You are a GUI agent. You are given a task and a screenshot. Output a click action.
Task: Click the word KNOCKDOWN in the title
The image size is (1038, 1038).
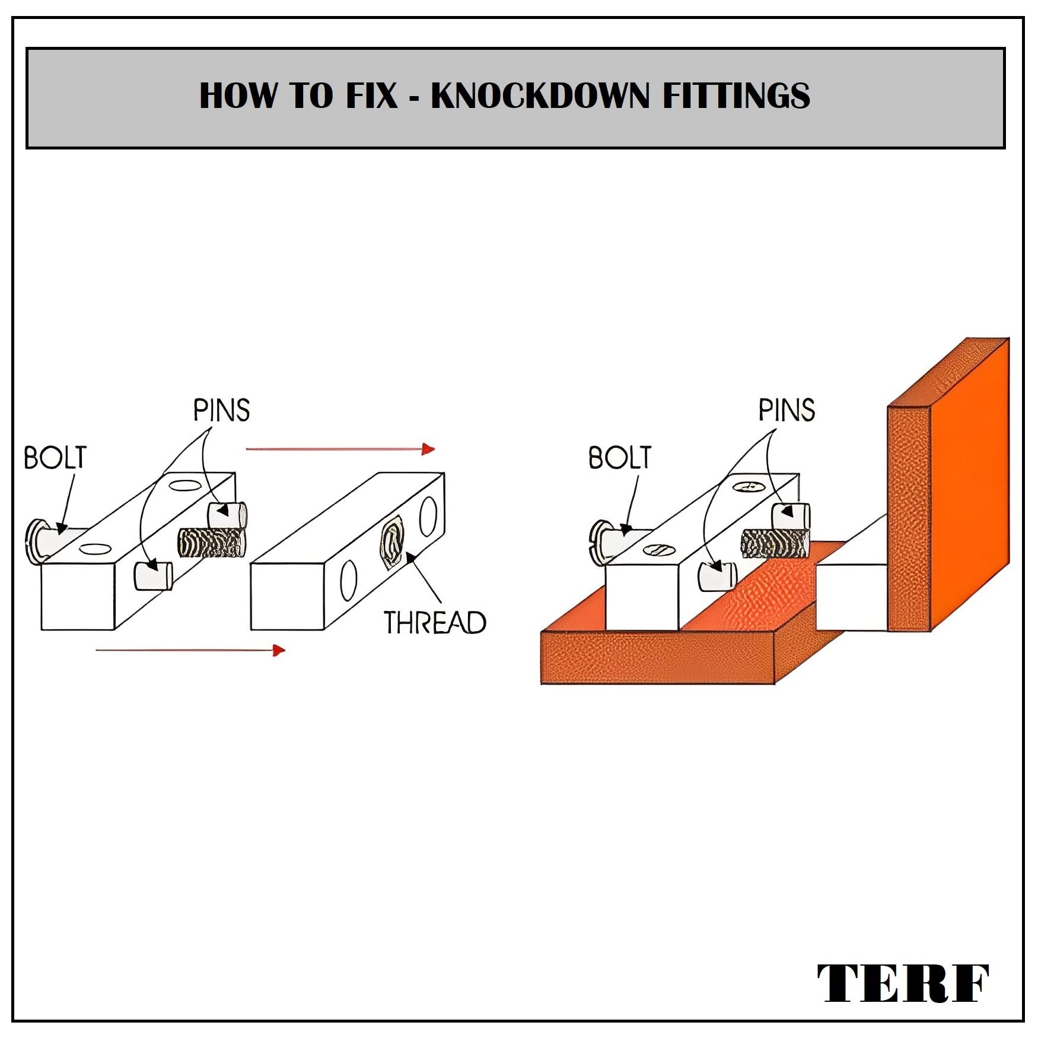pyautogui.click(x=540, y=96)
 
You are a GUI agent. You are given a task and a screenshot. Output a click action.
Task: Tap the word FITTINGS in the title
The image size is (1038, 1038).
pyautogui.click(x=735, y=96)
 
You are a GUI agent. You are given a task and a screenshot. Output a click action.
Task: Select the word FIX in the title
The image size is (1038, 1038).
pyautogui.click(x=371, y=96)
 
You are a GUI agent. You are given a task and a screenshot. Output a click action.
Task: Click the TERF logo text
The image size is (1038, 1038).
pyautogui.click(x=903, y=983)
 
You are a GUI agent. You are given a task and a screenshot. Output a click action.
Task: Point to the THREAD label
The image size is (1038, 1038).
pyautogui.click(x=435, y=623)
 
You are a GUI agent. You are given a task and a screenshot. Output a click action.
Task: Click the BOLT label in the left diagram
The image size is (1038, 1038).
pyautogui.click(x=55, y=458)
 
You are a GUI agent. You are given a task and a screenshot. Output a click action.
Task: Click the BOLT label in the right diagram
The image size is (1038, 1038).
pyautogui.click(x=620, y=458)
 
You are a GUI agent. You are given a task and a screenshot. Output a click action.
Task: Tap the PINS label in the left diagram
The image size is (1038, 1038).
pyautogui.click(x=221, y=410)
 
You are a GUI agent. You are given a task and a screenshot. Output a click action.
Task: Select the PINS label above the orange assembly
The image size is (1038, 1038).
pyautogui.click(x=787, y=410)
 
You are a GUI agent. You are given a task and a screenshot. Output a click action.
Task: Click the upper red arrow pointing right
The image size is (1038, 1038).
pyautogui.click(x=340, y=449)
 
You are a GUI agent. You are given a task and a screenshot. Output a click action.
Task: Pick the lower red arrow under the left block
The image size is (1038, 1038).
pyautogui.click(x=190, y=650)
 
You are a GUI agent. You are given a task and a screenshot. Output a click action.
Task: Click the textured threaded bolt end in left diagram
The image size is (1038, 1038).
pyautogui.click(x=211, y=543)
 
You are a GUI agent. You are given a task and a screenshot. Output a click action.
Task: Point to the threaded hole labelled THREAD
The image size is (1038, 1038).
pyautogui.click(x=392, y=542)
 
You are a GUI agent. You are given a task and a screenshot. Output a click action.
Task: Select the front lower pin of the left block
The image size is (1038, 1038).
pyautogui.click(x=153, y=575)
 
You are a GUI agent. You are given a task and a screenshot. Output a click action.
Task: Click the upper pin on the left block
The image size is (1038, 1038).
pyautogui.click(x=228, y=514)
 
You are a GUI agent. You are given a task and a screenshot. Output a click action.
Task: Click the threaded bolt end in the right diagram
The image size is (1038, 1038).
pyautogui.click(x=775, y=543)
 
